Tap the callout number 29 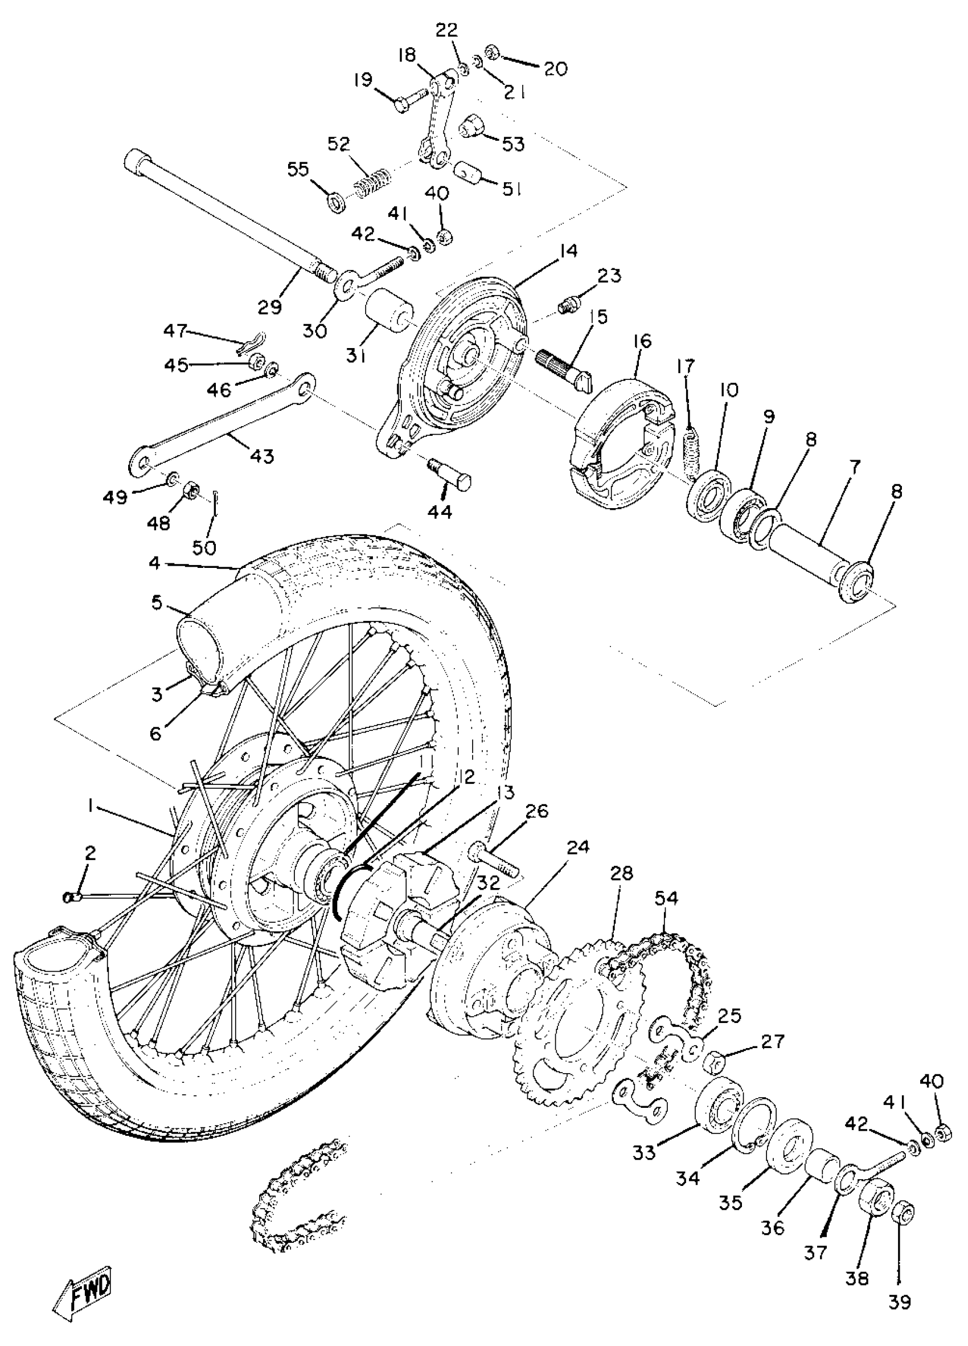pyautogui.click(x=269, y=307)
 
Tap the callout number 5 pyautogui.click(x=156, y=603)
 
